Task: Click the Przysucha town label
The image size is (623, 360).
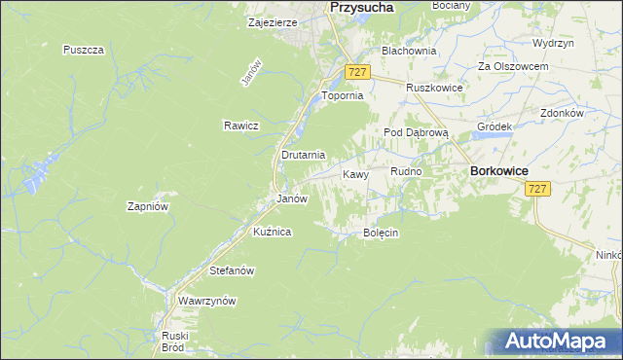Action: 362,7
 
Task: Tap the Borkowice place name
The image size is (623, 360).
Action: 498,170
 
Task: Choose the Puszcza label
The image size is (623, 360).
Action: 83,50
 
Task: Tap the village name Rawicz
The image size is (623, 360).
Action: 239,126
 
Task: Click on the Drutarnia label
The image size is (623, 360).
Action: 303,155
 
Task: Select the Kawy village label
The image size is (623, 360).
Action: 354,175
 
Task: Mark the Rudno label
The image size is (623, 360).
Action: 406,172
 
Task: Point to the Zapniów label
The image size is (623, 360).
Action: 149,206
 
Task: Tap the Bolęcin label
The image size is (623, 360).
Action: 382,234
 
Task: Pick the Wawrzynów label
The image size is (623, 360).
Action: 207,302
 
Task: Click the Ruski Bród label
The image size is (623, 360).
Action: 174,341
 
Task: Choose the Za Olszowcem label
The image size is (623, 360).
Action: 513,66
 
